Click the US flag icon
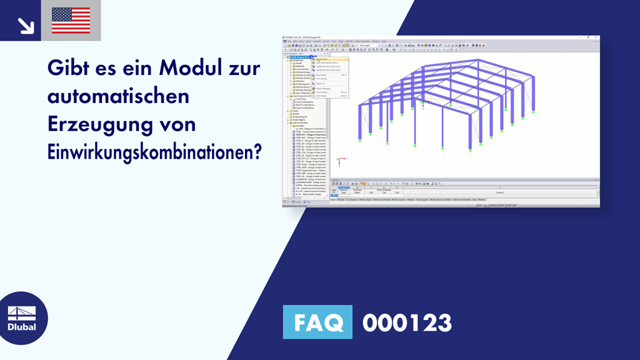(71, 21)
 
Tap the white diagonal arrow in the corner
(26, 25)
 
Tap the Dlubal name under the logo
(21, 327)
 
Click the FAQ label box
(317, 323)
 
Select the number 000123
(407, 323)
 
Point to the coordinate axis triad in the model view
(338, 161)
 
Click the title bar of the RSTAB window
(437, 39)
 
